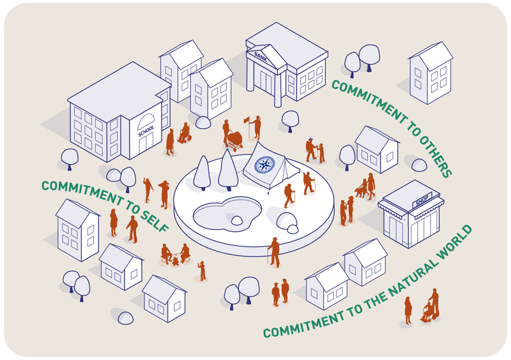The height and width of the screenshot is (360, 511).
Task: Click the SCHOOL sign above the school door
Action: coord(146,134)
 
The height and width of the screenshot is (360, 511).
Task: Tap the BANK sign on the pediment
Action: coord(260,56)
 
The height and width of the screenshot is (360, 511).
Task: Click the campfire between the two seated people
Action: coord(175,260)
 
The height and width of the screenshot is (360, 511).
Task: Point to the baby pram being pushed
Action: coord(236,140)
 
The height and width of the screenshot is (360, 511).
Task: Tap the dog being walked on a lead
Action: coord(361,190)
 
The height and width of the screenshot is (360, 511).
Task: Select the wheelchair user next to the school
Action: coord(184,134)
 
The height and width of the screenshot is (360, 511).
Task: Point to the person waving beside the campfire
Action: coord(202,270)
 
